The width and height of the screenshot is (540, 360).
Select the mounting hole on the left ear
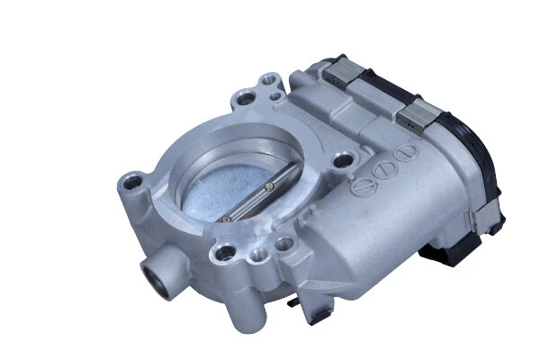133,186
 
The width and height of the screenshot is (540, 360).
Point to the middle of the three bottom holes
259,256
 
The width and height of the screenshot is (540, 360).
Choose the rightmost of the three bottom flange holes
284,243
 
